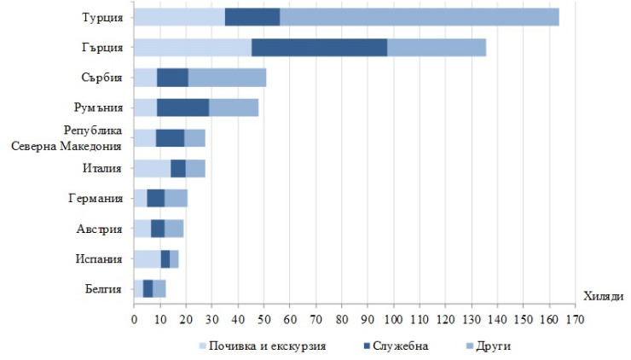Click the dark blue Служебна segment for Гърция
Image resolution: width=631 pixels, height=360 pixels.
[320, 48]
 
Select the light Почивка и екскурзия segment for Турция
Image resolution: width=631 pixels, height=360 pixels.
[179, 17]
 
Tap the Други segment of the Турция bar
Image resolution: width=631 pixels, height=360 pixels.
[419, 17]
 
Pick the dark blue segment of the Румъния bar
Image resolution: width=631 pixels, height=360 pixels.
[182, 107]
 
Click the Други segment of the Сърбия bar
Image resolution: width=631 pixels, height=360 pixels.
[227, 78]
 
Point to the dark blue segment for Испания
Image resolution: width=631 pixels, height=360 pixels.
[165, 258]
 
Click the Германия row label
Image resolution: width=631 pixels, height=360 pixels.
[96, 199]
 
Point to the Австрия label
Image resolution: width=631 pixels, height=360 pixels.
[100, 229]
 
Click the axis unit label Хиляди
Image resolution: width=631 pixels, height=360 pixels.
[604, 296]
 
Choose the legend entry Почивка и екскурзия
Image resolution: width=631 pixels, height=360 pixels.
[264, 345]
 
